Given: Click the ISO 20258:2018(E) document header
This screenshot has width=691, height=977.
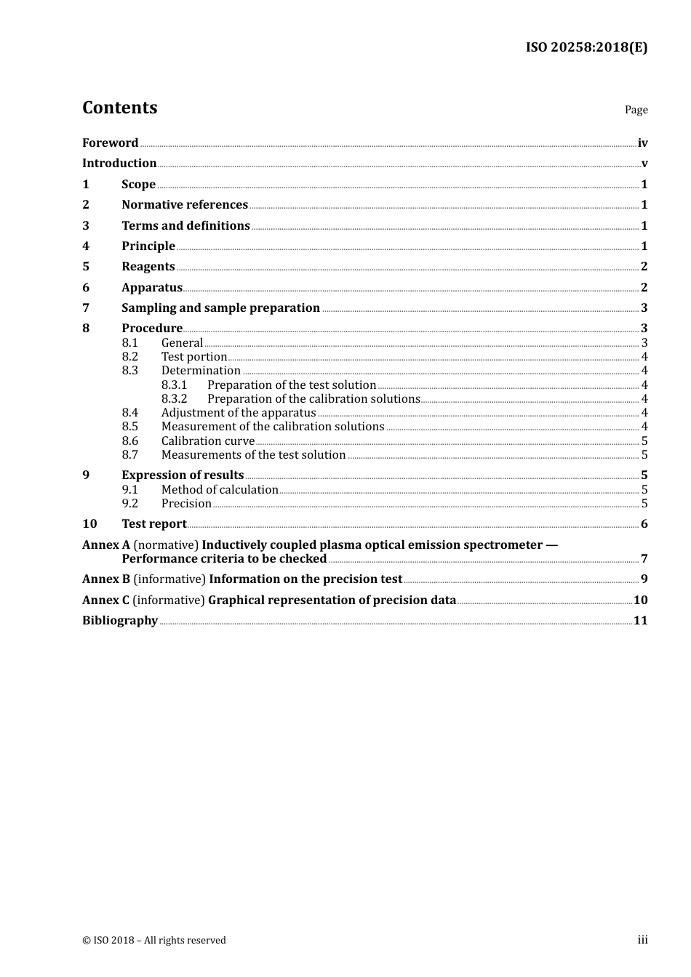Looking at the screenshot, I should tap(586, 47).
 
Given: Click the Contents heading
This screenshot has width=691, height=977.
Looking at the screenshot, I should tap(119, 108).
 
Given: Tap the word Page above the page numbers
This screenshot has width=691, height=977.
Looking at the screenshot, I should tap(636, 110).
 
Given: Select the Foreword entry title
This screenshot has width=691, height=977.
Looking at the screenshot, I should tap(110, 142).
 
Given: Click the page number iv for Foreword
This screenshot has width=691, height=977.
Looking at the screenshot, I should tap(642, 143).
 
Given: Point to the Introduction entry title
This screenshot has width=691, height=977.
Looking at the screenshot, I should tap(119, 163).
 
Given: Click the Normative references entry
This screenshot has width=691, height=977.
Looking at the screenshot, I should tap(185, 204).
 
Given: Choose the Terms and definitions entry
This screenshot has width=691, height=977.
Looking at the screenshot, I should tap(185, 225).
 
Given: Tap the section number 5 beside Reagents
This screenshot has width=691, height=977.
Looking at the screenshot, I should tap(86, 266).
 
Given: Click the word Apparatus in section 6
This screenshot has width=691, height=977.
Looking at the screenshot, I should tap(152, 287).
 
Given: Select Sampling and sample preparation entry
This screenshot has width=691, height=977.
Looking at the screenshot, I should tap(220, 307).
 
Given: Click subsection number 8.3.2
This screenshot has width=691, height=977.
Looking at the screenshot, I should tap(174, 398).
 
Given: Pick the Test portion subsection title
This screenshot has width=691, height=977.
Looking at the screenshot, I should tap(194, 356).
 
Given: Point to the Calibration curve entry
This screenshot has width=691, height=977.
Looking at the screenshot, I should tap(208, 441).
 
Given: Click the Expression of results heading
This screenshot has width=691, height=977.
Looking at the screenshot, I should tap(183, 475).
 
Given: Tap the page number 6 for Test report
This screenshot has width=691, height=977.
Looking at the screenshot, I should tap(644, 524).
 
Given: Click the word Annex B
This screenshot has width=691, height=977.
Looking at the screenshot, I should tap(106, 579).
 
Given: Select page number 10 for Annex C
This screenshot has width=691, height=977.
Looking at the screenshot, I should tap(640, 600).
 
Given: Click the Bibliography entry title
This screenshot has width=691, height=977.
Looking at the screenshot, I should tap(120, 620).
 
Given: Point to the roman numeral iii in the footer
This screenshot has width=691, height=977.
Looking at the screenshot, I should tap(642, 940).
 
